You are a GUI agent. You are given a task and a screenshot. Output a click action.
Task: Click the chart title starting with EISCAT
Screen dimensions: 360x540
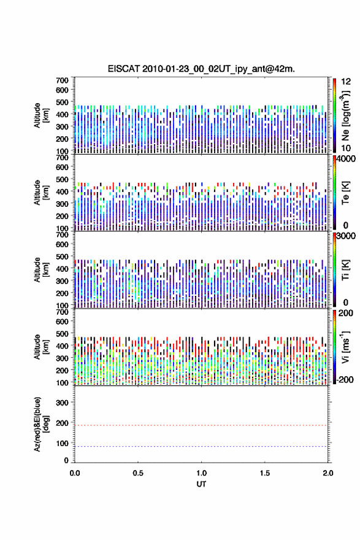(201, 69)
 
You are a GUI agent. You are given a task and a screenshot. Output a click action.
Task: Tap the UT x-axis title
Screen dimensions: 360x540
(201, 484)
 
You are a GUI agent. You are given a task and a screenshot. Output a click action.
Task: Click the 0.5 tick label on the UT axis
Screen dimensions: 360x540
(138, 473)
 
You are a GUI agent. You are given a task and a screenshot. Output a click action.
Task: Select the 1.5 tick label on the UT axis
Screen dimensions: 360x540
(265, 473)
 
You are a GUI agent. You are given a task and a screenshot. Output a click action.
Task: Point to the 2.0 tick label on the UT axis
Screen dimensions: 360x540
(328, 473)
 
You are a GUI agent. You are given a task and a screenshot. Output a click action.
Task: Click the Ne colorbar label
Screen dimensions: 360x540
(345, 115)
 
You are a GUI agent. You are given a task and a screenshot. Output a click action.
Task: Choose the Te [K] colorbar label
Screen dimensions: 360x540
(345, 193)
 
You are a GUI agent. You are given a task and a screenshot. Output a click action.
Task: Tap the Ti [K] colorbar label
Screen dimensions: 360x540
(345, 269)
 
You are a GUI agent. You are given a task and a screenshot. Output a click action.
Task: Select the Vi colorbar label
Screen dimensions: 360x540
(345, 347)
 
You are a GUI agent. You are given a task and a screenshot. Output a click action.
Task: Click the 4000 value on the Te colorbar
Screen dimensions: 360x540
(346, 159)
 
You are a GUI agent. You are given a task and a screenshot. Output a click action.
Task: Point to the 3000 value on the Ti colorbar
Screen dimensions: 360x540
(346, 236)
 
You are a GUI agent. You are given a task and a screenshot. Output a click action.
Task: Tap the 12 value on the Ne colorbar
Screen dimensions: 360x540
(346, 82)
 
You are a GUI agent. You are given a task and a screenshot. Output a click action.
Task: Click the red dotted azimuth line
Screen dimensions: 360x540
(201, 425)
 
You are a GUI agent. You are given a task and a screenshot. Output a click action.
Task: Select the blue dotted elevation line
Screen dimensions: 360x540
(201, 446)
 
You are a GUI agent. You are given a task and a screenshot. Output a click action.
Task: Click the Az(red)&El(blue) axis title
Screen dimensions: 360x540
(41, 424)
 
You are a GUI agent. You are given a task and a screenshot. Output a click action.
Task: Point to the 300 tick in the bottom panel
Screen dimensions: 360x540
(62, 403)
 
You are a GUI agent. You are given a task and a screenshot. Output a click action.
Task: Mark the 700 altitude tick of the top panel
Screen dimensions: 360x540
(62, 80)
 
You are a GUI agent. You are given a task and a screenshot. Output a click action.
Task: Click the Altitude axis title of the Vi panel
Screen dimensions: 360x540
(41, 347)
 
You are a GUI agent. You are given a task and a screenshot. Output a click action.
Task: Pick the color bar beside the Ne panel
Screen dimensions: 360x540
(334, 115)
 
